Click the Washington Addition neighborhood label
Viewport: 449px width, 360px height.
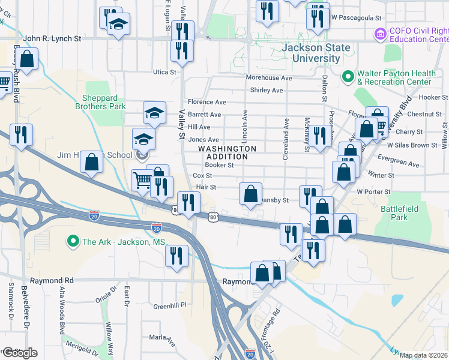pyautogui.click(x=227, y=152)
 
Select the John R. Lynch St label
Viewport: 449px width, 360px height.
pyautogui.click(x=53, y=38)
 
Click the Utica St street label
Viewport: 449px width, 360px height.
pyautogui.click(x=164, y=72)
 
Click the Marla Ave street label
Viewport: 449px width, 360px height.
pyautogui.click(x=163, y=339)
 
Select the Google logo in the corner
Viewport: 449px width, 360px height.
pyautogui.click(x=19, y=352)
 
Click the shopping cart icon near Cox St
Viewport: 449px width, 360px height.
pyautogui.click(x=142, y=180)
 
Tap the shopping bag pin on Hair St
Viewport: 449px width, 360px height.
pyautogui.click(x=251, y=194)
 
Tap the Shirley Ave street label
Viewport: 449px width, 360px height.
pyautogui.click(x=266, y=91)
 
